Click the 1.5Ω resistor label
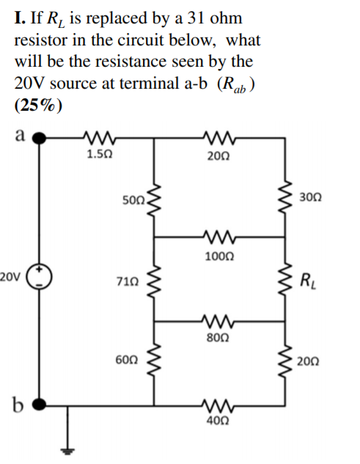pyautogui.click(x=98, y=154)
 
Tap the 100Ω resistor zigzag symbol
pyautogui.click(x=219, y=237)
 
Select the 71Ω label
pyautogui.click(x=127, y=280)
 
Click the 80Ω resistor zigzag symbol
pyautogui.click(x=219, y=320)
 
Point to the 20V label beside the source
pyautogui.click(x=11, y=276)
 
